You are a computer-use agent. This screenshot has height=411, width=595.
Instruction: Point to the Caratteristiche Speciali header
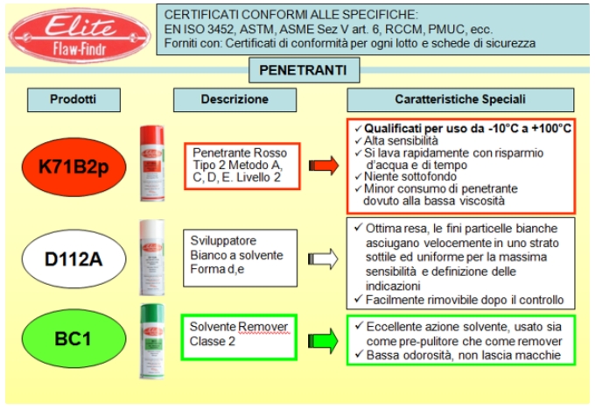point(459,99)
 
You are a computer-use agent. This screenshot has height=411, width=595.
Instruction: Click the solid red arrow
point(325,164)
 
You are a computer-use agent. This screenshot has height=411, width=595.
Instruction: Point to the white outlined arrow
point(325,259)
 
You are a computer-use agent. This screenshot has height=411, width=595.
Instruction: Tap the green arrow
point(325,338)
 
